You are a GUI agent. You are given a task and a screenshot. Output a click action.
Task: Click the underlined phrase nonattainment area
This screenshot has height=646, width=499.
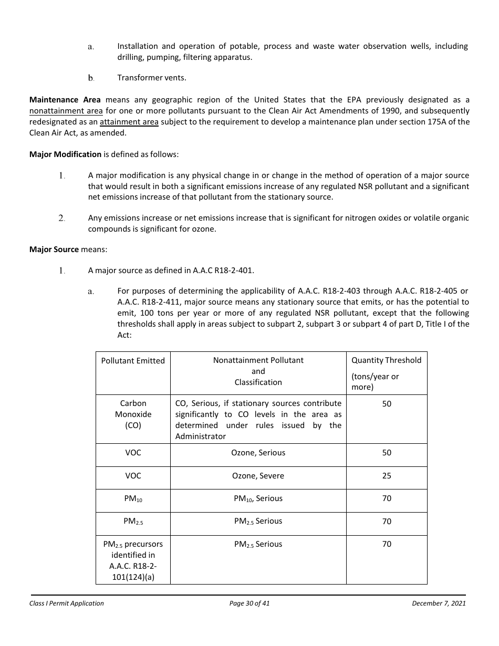click(66, 111)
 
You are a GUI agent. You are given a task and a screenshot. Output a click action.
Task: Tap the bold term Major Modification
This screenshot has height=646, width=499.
click(65, 154)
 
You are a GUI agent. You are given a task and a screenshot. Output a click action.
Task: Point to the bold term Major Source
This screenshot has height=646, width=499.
click(54, 249)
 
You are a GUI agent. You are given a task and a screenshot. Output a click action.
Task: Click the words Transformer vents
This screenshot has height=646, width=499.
click(151, 78)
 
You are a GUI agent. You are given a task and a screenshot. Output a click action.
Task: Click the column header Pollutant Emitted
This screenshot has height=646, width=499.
click(133, 361)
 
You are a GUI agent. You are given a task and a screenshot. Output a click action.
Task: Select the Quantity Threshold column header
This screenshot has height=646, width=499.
click(386, 360)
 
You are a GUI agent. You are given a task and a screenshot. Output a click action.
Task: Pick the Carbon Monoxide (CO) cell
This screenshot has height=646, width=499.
click(133, 414)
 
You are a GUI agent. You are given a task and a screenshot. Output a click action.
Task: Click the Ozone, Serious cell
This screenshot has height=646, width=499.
click(258, 453)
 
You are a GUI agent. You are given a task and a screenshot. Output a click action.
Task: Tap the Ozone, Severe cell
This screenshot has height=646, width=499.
click(258, 476)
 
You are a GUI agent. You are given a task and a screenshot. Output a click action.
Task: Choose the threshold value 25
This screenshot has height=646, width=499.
click(387, 476)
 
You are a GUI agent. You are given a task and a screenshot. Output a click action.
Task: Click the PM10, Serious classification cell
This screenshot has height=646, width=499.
click(258, 498)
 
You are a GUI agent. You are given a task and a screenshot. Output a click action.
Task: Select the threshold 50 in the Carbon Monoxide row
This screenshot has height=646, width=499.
click(387, 404)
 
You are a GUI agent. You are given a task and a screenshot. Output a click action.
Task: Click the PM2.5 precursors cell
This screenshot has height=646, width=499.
click(133, 560)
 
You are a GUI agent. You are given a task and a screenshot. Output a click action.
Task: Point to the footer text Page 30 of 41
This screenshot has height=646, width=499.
click(250, 603)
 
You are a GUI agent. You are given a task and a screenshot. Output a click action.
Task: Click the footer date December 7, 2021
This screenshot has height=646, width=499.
click(439, 603)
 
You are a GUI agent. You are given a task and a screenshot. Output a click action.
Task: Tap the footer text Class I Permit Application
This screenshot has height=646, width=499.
click(67, 603)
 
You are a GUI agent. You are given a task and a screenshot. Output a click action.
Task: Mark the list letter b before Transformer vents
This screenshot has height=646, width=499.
click(91, 78)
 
